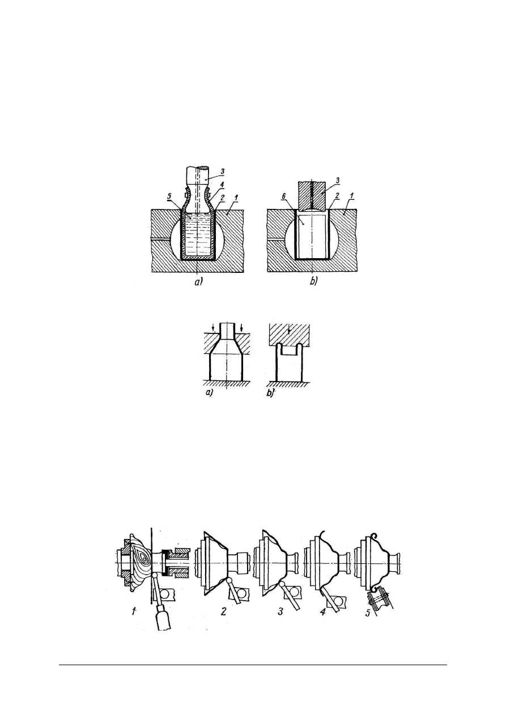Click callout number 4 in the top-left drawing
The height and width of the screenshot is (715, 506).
pyautogui.click(x=222, y=185)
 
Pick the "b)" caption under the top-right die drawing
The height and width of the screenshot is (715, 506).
pyautogui.click(x=313, y=282)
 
